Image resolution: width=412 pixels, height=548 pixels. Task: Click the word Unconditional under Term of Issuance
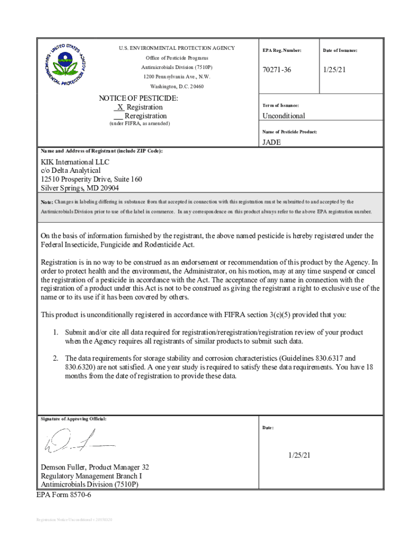coord(284,116)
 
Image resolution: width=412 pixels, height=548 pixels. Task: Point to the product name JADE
coord(271,142)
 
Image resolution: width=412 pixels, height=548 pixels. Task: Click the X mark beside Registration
coord(120,107)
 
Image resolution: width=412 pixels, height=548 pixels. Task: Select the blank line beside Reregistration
coord(118,116)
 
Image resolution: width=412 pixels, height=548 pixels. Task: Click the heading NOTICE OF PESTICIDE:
coord(139,98)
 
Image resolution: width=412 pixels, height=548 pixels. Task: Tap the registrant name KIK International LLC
coord(75,162)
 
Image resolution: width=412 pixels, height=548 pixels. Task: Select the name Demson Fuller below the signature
coord(64,467)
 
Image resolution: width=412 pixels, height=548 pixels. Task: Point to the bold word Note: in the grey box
coord(47,202)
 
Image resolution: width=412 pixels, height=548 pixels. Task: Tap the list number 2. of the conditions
coord(55,358)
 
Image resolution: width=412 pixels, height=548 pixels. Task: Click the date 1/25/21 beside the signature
coord(300,455)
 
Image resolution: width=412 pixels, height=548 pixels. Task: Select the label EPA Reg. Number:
coord(281,50)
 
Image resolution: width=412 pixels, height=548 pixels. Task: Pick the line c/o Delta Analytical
coord(71,171)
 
